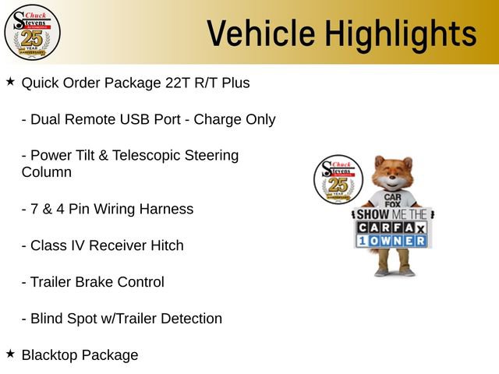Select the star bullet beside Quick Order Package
(10, 81)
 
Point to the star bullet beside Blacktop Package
(10, 354)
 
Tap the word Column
(46, 172)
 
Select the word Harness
(166, 209)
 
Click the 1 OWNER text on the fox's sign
(393, 241)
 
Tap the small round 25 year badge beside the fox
(338, 181)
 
